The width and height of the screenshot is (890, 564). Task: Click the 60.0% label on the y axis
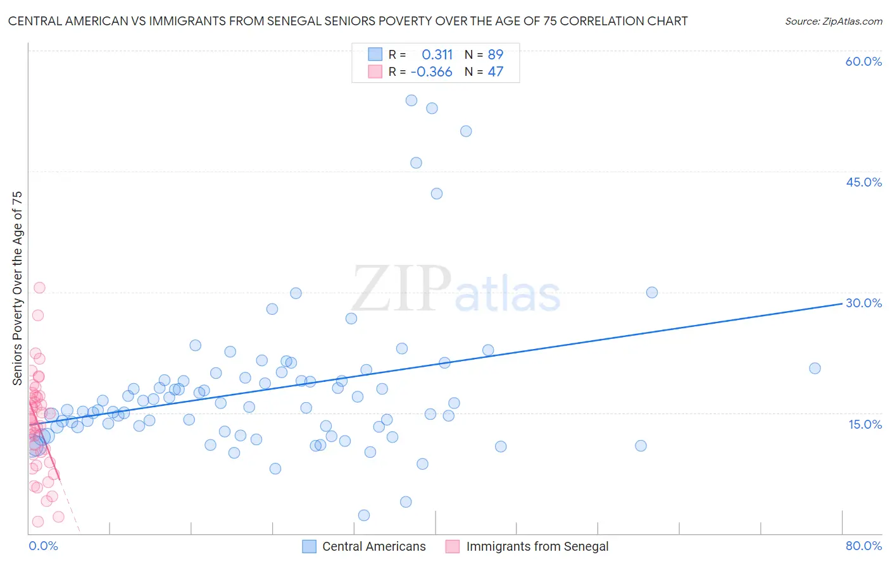(x=863, y=61)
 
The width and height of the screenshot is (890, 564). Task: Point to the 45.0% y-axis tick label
(x=863, y=182)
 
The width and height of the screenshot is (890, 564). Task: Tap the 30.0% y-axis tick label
(x=863, y=303)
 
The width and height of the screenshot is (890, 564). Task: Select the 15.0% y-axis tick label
(x=865, y=424)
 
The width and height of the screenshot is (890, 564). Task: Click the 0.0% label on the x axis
(x=43, y=546)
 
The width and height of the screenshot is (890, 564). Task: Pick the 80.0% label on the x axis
(x=863, y=546)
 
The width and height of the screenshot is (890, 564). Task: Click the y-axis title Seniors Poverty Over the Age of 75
(x=17, y=288)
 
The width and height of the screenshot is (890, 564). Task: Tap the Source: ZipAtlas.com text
(x=833, y=21)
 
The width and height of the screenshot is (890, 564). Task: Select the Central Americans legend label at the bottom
(x=373, y=546)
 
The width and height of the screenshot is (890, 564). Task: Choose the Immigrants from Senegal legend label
(x=537, y=546)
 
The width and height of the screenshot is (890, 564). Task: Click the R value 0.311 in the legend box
(x=437, y=55)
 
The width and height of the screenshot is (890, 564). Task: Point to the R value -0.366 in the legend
(x=431, y=72)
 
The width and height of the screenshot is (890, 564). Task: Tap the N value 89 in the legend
(x=495, y=55)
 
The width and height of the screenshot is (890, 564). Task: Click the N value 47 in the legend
(x=495, y=72)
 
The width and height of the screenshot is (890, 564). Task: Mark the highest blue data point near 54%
(x=411, y=101)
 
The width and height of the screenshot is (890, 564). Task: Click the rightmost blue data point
(x=815, y=368)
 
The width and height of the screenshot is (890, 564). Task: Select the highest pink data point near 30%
(x=39, y=288)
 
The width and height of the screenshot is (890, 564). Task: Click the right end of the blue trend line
(x=841, y=303)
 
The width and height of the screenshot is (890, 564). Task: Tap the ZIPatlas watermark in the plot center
(x=456, y=289)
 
